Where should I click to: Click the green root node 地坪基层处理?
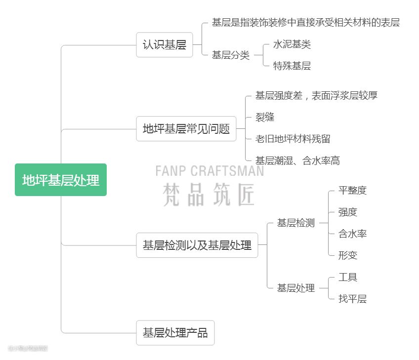(61, 180)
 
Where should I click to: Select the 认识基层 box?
(164, 45)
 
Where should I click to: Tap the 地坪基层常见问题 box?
(186, 129)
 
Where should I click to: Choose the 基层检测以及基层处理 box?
(197, 245)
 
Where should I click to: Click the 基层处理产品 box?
(175, 332)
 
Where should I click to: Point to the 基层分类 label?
(231, 55)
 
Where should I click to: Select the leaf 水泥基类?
(292, 44)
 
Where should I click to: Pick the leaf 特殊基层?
(292, 66)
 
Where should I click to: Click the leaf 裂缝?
(265, 117)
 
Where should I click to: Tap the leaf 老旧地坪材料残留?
(293, 139)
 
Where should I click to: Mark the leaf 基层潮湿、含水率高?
(297, 160)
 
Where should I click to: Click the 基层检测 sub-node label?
(295, 223)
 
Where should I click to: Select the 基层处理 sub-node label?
(295, 288)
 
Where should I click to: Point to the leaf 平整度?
(352, 191)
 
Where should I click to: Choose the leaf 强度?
(347, 212)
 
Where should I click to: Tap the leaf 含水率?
(352, 234)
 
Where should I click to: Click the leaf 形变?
(347, 255)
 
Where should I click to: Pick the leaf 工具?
(347, 277)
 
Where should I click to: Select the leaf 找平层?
(352, 299)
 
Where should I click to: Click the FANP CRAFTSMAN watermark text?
(209, 171)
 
